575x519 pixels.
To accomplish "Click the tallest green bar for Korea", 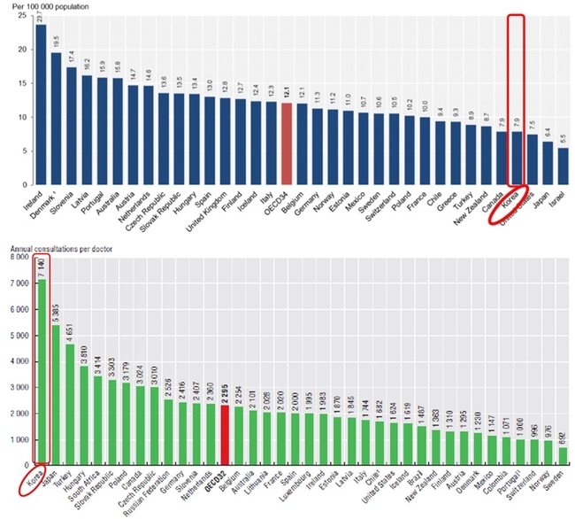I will (42, 372).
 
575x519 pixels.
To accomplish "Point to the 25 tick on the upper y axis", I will (22, 15).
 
